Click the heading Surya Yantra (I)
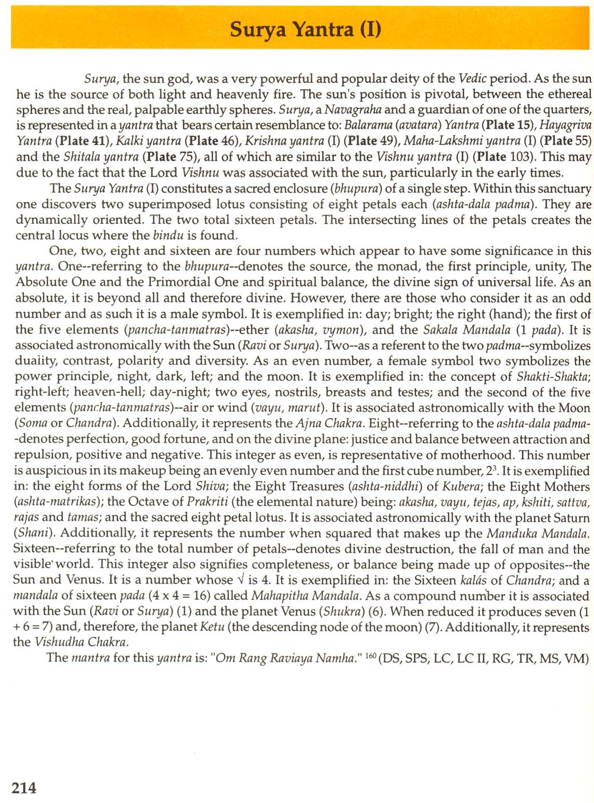coord(305,29)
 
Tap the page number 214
coord(24,788)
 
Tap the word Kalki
coord(130,141)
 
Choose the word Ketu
coord(211,627)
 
